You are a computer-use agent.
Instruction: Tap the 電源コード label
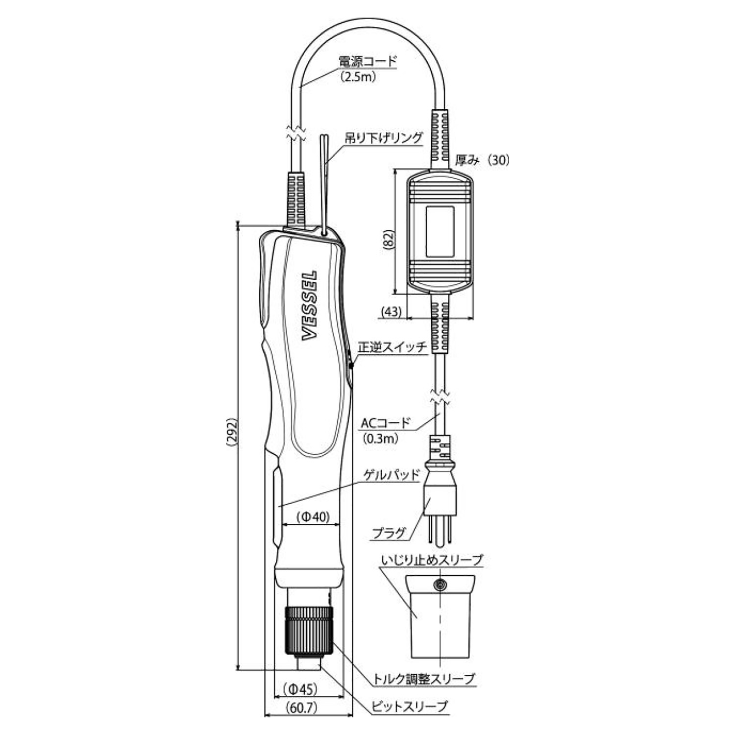click(367, 62)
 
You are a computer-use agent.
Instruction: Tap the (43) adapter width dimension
click(391, 312)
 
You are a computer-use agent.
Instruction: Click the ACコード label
click(385, 422)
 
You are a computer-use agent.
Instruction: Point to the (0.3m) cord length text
click(381, 439)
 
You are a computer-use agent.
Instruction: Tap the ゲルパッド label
click(392, 474)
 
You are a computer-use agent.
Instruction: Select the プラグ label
click(390, 532)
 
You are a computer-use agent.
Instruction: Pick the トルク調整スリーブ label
click(424, 678)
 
